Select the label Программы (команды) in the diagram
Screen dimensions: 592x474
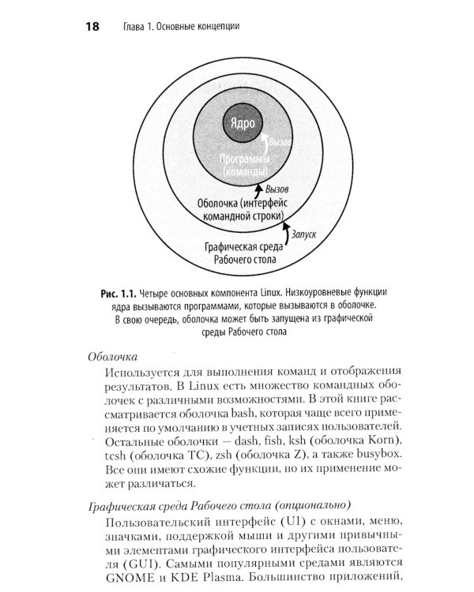pyautogui.click(x=243, y=165)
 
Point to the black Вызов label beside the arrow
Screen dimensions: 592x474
pyautogui.click(x=282, y=189)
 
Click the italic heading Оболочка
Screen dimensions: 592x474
pyautogui.click(x=112, y=356)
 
